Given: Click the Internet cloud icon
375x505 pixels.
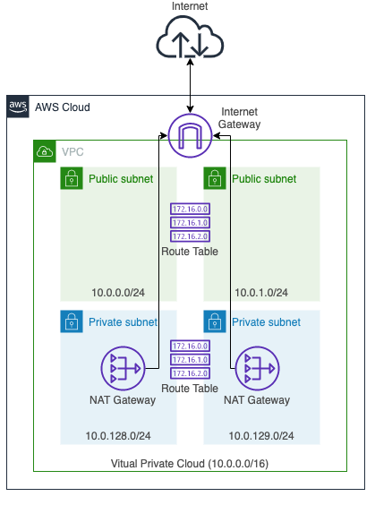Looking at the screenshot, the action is click(x=190, y=37).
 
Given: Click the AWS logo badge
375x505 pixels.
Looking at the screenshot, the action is click(x=18, y=107).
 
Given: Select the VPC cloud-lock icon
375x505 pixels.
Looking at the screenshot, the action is click(x=45, y=151).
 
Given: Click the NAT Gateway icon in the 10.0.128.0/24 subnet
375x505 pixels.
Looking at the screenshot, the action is click(x=123, y=368).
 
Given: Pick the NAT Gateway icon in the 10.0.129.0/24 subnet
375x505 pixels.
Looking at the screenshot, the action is click(x=257, y=368).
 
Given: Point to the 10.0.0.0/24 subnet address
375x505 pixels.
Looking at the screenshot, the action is click(x=118, y=293).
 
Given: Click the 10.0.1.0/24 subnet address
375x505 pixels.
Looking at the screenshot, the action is click(x=261, y=293).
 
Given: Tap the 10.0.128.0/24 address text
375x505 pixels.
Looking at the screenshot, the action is click(x=118, y=436).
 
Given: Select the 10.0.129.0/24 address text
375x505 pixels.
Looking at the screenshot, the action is click(x=261, y=436).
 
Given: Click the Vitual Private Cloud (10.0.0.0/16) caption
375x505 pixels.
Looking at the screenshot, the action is click(x=190, y=464).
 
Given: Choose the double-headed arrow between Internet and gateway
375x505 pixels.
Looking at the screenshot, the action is click(x=191, y=86).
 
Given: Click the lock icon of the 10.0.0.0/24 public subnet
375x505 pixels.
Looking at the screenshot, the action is click(x=72, y=178).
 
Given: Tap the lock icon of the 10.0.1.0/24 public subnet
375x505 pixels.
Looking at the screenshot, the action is click(x=215, y=178).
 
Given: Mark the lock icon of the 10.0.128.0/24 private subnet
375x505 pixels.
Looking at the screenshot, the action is click(x=72, y=321).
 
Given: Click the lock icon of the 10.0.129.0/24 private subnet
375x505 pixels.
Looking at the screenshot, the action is click(x=215, y=321).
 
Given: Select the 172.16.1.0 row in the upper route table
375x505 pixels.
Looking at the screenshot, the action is click(x=191, y=223).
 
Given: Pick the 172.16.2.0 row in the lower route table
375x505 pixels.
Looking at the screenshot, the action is click(x=191, y=373).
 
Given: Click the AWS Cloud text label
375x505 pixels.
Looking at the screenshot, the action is click(x=63, y=107).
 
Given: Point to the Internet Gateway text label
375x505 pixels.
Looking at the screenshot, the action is click(x=239, y=118).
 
